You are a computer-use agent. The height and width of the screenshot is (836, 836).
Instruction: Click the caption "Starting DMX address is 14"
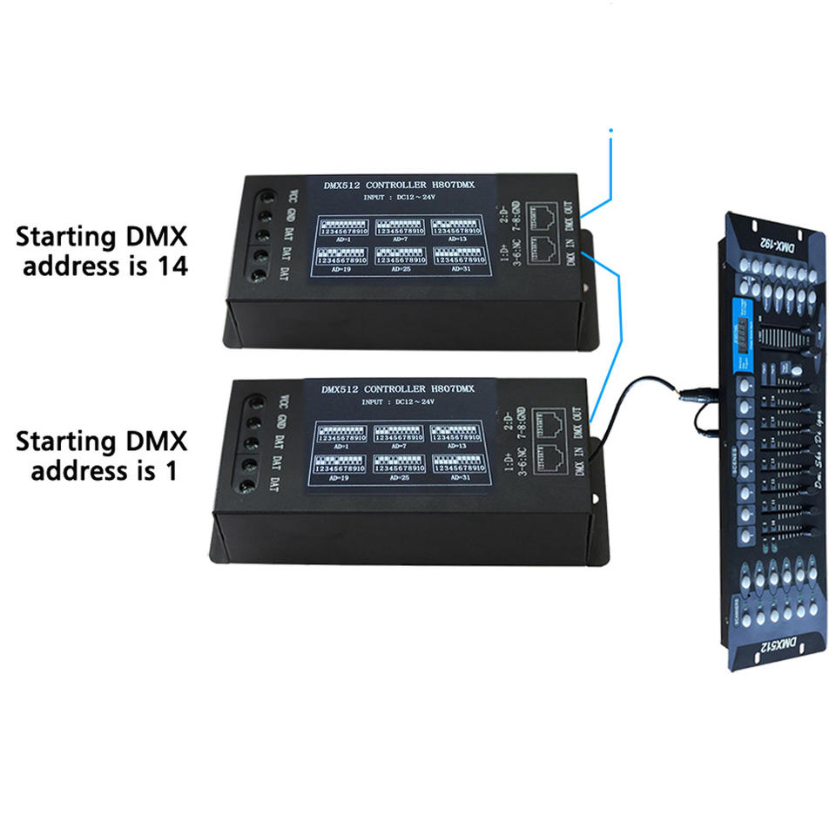point(101,251)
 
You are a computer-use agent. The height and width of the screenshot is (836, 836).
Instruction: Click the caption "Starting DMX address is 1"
point(101,455)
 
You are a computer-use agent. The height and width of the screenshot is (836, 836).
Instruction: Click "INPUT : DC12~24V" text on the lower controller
point(397,401)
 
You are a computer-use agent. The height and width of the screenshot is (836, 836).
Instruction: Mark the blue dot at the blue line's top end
point(610,131)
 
